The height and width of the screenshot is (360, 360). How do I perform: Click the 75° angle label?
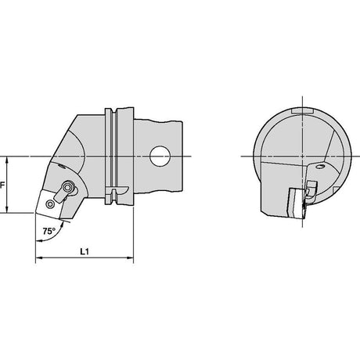coord(49,231)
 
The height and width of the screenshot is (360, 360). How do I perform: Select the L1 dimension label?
coord(85,251)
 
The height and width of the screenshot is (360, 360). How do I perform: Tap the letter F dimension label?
coord(2,185)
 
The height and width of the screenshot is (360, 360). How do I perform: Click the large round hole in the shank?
coord(160,157)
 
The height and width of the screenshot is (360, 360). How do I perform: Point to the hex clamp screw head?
coord(69,187)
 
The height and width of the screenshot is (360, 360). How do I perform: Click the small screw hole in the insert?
coord(50,204)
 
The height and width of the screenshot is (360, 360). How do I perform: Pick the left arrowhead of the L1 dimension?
coord(39,258)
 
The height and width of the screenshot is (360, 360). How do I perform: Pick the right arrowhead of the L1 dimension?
coord(130,258)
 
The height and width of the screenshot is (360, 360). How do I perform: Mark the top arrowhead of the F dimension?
coord(7,160)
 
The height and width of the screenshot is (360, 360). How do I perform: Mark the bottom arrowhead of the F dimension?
coord(7,209)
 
